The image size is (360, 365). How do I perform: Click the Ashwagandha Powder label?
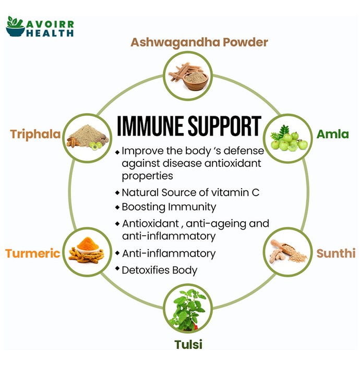point(199,42)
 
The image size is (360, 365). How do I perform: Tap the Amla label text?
point(332,134)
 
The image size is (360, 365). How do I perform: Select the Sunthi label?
point(336,253)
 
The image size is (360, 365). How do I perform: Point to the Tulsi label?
point(188,344)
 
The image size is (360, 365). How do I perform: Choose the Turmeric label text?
point(33,253)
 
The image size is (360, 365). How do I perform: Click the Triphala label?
point(35,135)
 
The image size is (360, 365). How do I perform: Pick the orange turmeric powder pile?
point(88,244)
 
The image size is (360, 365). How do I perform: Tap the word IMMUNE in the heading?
point(150,126)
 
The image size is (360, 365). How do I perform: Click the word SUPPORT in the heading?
point(224,126)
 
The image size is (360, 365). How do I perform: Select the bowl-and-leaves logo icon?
point(15,26)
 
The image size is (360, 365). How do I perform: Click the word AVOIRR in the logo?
point(50,24)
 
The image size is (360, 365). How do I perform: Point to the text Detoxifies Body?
point(160,270)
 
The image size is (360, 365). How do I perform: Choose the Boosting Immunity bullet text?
point(169,207)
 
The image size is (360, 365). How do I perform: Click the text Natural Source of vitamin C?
point(190,192)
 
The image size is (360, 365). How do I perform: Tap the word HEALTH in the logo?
point(50,33)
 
